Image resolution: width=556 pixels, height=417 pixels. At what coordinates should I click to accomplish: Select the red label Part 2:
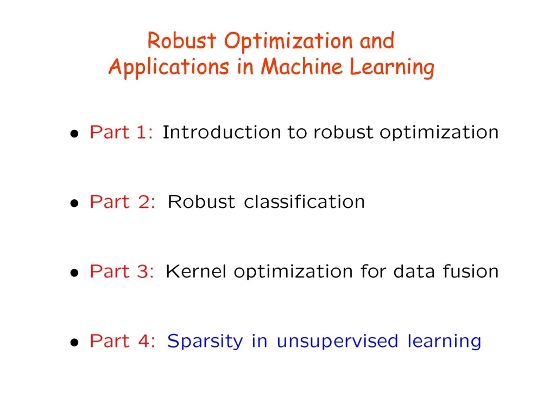click(123, 201)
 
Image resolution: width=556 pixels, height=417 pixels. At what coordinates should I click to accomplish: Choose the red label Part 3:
click(122, 271)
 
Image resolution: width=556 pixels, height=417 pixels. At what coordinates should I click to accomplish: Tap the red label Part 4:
click(123, 340)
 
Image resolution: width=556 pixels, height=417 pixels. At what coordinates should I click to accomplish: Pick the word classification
click(304, 201)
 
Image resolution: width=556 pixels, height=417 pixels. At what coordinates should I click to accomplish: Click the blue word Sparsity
click(205, 342)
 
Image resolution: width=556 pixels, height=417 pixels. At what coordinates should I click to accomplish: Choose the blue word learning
click(444, 342)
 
